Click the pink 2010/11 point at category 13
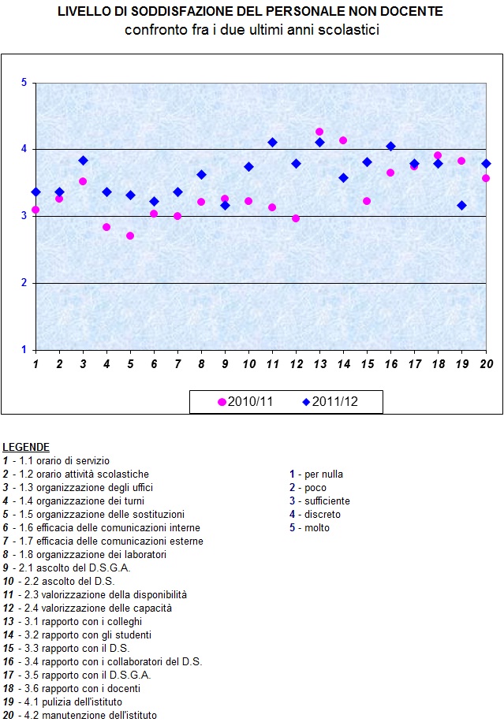click(x=319, y=132)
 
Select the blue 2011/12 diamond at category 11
click(x=272, y=143)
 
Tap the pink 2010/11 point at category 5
click(x=130, y=236)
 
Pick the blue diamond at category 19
click(x=461, y=205)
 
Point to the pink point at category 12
click(x=296, y=218)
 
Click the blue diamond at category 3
click(x=83, y=160)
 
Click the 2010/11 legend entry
click(x=245, y=402)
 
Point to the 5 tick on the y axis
click(x=24, y=83)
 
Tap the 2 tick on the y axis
click(x=24, y=283)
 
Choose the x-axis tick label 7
click(x=177, y=364)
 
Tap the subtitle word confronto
click(x=151, y=30)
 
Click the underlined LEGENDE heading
click(x=26, y=447)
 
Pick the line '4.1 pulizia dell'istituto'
click(x=66, y=702)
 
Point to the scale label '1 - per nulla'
click(x=316, y=474)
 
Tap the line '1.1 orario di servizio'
click(x=60, y=460)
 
